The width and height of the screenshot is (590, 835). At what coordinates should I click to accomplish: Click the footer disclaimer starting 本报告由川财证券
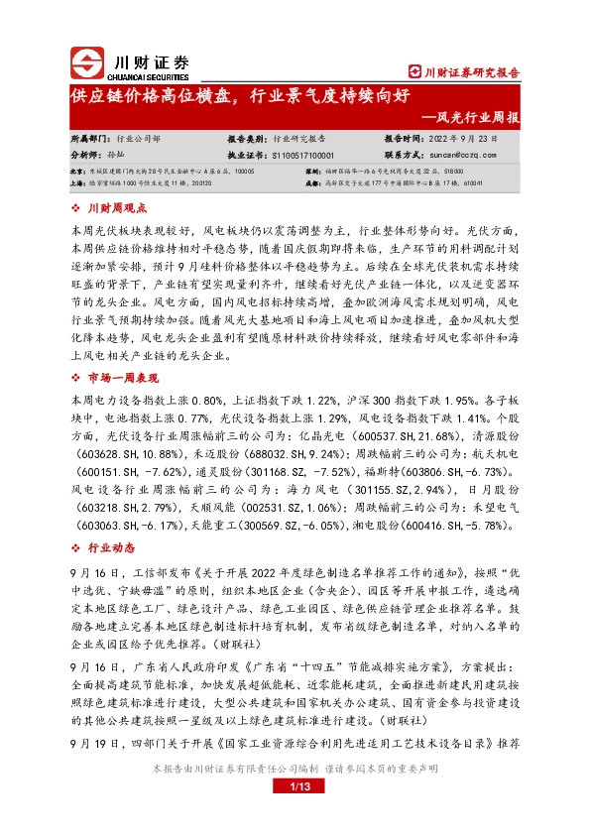click(295, 796)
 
